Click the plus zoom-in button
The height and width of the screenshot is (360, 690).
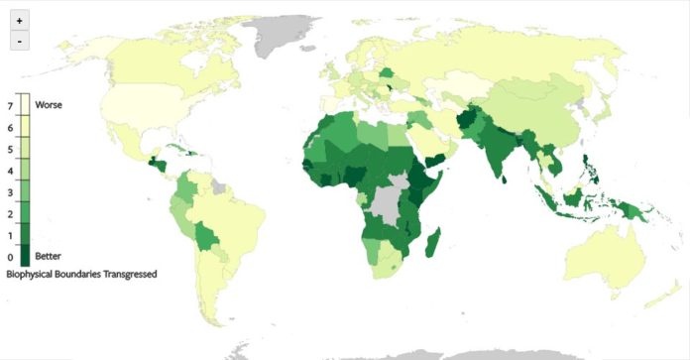point(20,21)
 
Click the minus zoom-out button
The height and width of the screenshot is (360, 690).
point(20,41)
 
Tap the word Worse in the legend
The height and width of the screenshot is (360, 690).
point(49,104)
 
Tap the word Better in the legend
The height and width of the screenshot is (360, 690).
point(49,257)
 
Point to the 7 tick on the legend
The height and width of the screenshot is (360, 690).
point(10,105)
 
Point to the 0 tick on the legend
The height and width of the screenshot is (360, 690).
point(10,258)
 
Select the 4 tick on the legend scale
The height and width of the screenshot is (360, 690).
point(10,171)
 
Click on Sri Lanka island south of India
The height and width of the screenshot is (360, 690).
point(507,179)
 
